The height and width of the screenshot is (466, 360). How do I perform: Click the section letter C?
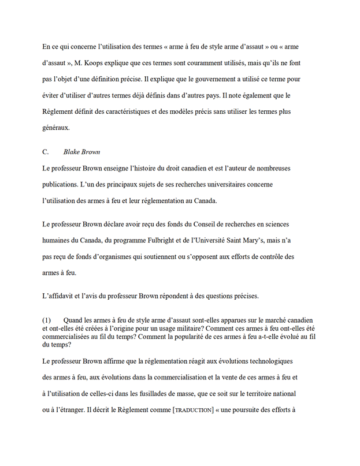pyautogui.click(x=45, y=152)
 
